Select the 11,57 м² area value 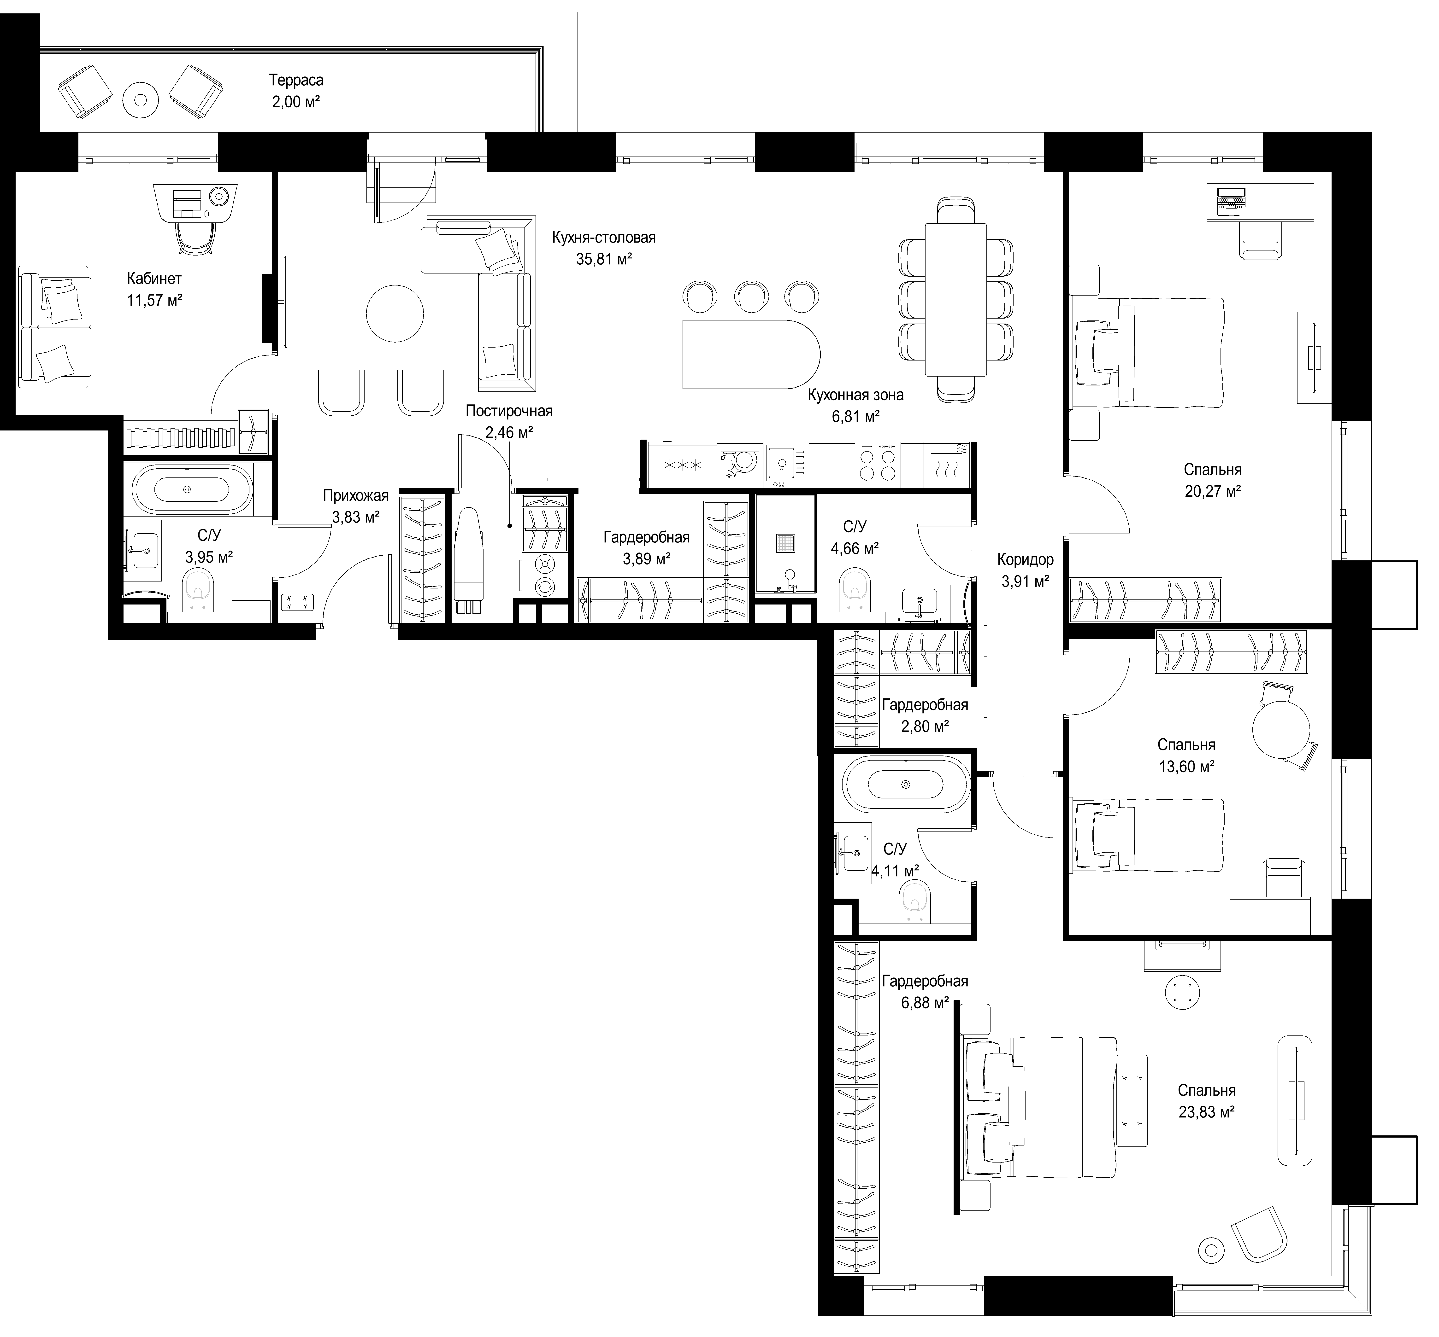pyautogui.click(x=154, y=300)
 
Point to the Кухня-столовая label pyautogui.click(x=604, y=237)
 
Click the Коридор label pyautogui.click(x=1025, y=559)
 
